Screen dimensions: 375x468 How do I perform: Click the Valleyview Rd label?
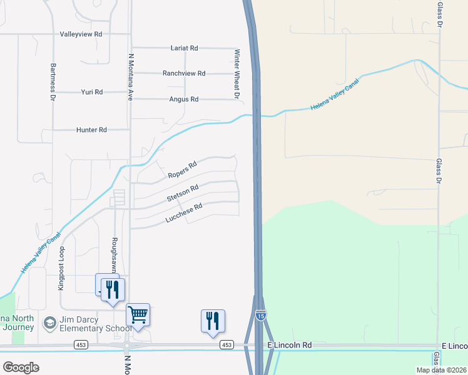[x=81, y=34]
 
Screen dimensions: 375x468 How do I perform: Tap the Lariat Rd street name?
[x=184, y=47]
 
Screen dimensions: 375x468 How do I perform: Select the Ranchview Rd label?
[x=184, y=73]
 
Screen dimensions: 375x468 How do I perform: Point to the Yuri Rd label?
[x=91, y=92]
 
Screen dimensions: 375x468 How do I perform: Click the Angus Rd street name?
[x=184, y=99]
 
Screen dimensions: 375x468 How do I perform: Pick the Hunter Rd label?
[x=91, y=130]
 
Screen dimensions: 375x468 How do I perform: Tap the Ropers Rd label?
[x=183, y=169]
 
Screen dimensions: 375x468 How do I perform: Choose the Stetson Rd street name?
[x=183, y=192]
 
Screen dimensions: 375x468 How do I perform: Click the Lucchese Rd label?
[x=184, y=213]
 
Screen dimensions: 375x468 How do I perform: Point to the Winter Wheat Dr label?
[x=237, y=74]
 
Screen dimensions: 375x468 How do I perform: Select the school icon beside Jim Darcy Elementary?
[x=49, y=322]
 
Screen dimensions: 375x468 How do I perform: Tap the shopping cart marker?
[x=138, y=314]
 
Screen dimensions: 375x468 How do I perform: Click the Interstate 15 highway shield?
[x=261, y=316]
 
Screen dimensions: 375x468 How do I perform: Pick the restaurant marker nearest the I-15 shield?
[x=213, y=320]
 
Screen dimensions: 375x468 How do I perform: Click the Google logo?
[x=21, y=367]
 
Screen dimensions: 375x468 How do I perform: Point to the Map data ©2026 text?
[x=441, y=370]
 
